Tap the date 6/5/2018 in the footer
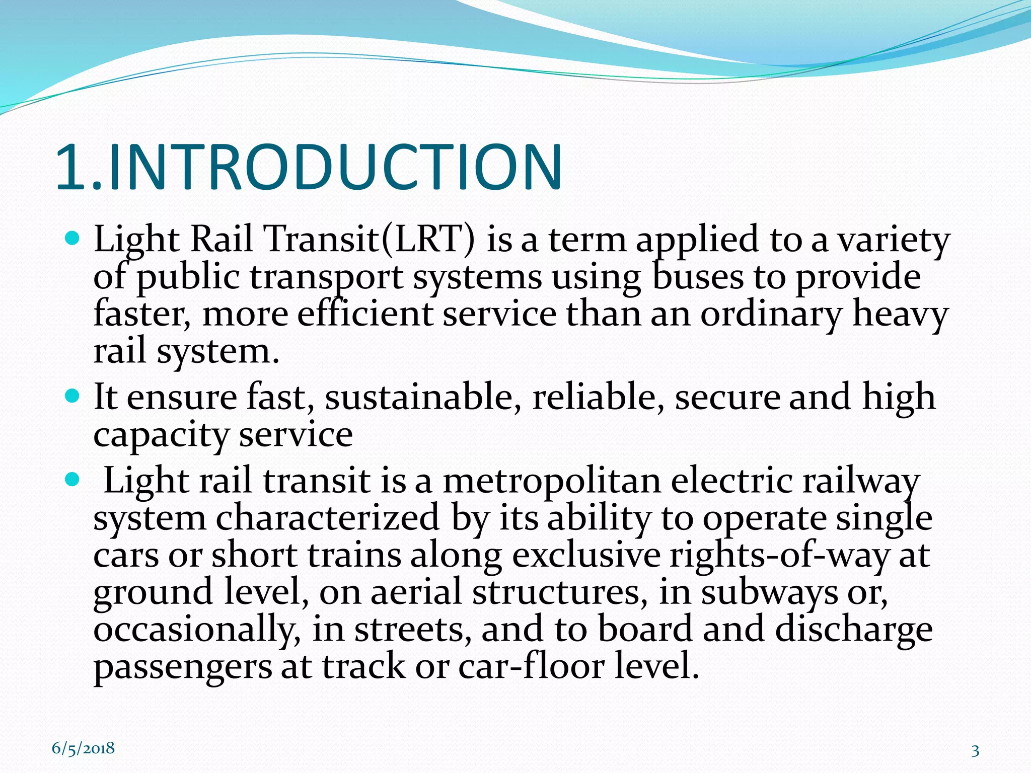pos(83,748)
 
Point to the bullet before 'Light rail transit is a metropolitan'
pos(73,480)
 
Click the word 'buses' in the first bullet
pos(697,278)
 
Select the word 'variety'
pos(893,241)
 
